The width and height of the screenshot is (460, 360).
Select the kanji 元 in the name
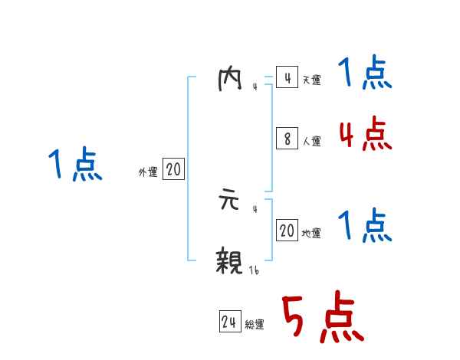(x=229, y=202)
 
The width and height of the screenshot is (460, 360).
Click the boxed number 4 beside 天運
(x=287, y=78)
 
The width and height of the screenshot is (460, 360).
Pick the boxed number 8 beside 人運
(x=287, y=139)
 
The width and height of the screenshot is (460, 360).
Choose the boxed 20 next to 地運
(x=287, y=231)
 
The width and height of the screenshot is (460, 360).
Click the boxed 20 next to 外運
(x=173, y=170)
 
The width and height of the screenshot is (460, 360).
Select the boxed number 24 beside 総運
(x=229, y=322)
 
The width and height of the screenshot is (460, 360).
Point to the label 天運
(x=311, y=80)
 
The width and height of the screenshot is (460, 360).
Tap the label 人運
(x=311, y=142)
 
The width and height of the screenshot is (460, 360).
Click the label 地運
(x=311, y=234)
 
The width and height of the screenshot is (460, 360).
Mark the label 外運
(x=147, y=173)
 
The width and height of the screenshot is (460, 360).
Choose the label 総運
(x=255, y=325)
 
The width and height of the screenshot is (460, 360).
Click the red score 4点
(x=365, y=134)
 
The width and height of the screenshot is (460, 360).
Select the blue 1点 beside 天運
(x=365, y=74)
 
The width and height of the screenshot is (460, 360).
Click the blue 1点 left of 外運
(x=75, y=165)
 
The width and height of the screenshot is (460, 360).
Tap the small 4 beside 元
(x=254, y=208)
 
